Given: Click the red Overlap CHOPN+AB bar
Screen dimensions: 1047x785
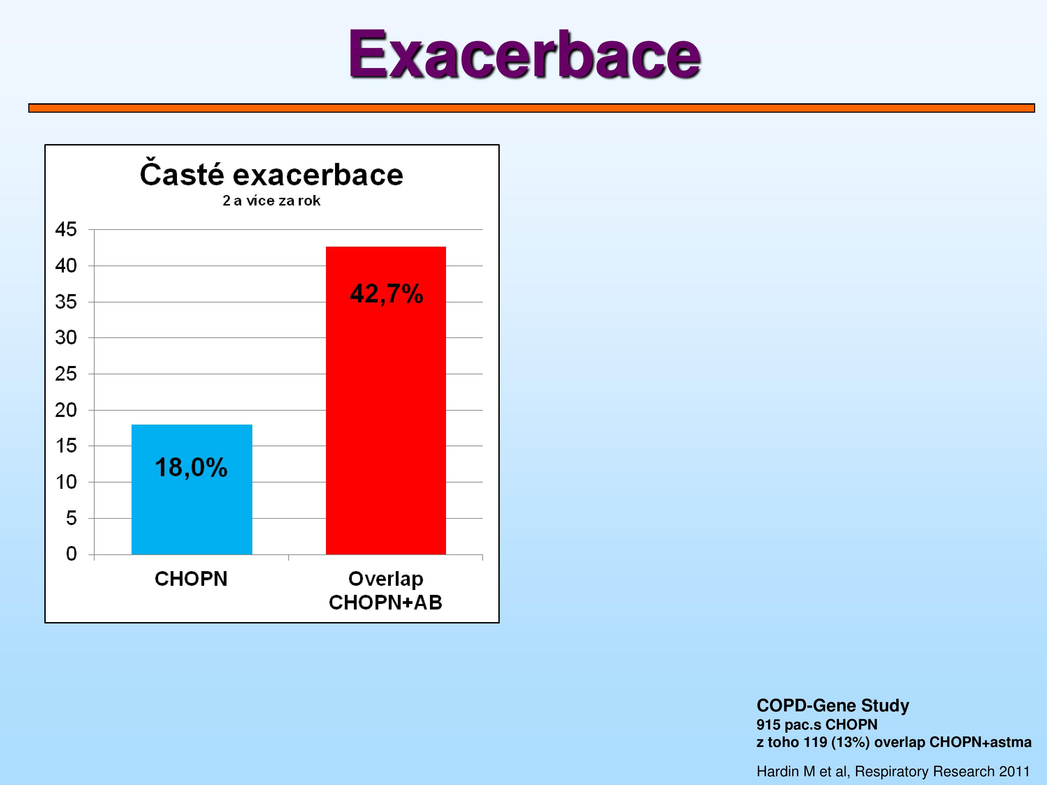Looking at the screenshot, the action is coord(386,400).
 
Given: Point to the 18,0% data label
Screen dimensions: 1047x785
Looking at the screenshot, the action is coord(191,468).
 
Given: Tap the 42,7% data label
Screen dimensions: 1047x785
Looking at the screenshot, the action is coord(386,294).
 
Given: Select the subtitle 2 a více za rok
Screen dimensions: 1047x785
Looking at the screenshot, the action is coord(271,201).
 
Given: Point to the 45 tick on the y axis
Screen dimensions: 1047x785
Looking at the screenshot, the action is coord(66,230).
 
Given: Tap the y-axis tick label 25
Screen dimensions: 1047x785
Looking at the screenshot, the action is coord(66,374).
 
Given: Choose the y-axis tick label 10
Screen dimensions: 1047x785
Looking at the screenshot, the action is coord(66,482).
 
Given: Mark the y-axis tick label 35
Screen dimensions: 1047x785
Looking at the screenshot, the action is coord(66,302).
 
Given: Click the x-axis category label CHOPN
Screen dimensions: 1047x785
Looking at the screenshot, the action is coord(191,579).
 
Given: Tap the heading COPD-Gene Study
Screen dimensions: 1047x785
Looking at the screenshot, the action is coord(833,705).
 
